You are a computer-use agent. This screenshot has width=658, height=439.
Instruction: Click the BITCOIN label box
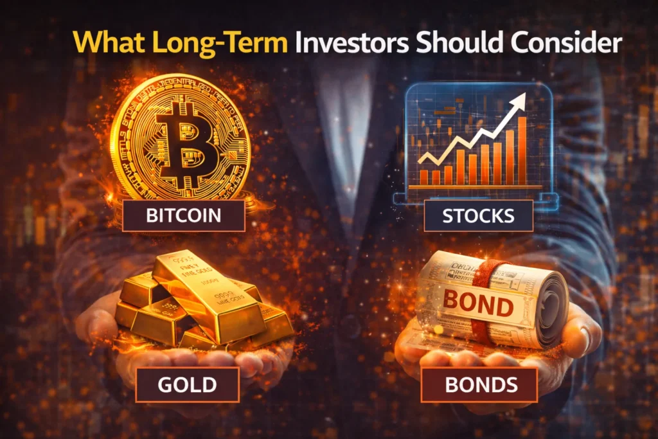point(184,215)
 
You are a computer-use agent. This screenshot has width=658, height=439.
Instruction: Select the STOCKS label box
point(478,215)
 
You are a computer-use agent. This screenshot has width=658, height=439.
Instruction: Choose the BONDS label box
point(479,384)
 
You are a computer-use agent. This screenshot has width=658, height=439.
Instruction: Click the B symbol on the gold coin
point(179,139)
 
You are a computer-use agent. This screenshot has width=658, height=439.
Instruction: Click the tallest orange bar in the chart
point(522,150)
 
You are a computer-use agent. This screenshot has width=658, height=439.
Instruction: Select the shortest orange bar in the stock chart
point(424,177)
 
